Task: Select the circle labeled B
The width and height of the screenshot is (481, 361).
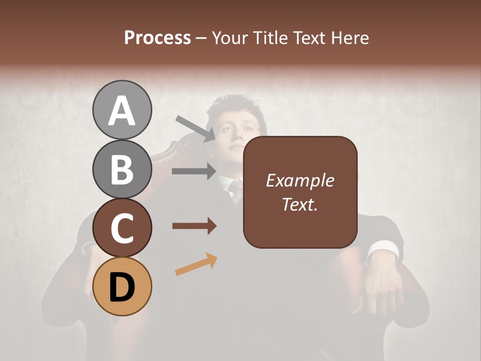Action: (x=122, y=169)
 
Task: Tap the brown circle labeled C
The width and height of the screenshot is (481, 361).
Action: (x=122, y=228)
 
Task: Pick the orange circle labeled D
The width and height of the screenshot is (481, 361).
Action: (x=122, y=286)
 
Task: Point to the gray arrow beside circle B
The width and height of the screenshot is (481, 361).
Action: (x=194, y=171)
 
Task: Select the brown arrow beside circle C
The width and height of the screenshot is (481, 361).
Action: (x=194, y=226)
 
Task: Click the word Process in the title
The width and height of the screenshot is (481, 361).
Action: (x=157, y=38)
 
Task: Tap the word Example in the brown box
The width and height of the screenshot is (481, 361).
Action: (x=300, y=180)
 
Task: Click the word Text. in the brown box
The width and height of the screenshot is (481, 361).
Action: (x=300, y=204)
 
